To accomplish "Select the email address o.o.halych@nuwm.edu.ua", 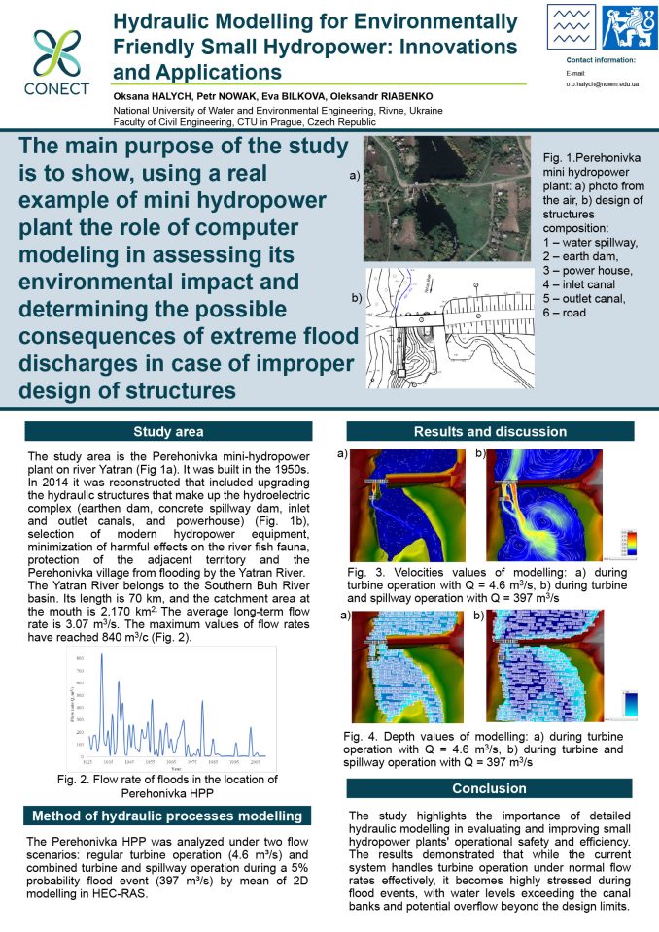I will [603, 84].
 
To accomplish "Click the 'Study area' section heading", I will [167, 432].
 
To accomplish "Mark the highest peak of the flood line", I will [102, 656].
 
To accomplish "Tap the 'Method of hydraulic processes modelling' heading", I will [167, 815].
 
